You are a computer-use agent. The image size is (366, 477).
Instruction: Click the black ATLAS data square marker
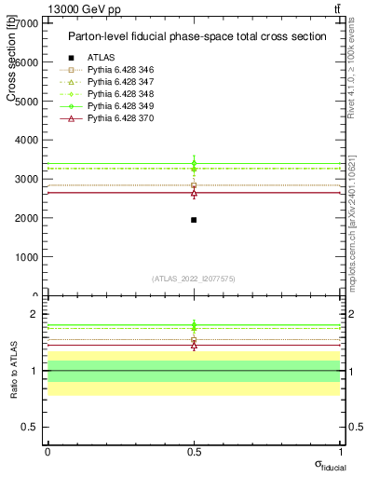pyautogui.click(x=194, y=220)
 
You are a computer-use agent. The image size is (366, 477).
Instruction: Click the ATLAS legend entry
pyautogui.click(x=102, y=57)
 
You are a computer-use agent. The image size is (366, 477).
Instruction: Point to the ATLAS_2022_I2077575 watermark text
pyautogui.click(x=194, y=278)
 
